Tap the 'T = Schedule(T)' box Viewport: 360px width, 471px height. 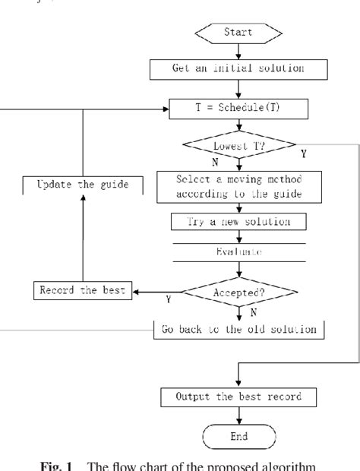(x=239, y=110)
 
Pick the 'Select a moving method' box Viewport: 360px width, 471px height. (x=240, y=185)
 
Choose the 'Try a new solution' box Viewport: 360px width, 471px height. (x=240, y=223)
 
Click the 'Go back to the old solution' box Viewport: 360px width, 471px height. (x=240, y=329)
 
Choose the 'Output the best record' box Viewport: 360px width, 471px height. (x=240, y=397)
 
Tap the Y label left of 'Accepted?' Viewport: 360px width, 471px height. (x=167, y=300)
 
